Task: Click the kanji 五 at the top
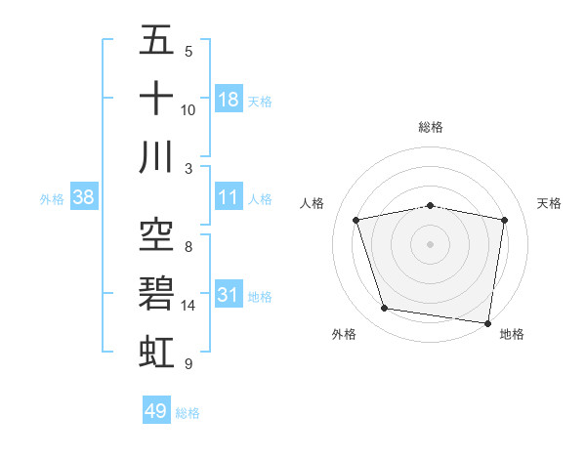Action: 157,42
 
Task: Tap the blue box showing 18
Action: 228,100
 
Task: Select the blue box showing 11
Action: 228,197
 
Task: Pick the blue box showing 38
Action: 84,197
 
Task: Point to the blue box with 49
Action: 156,411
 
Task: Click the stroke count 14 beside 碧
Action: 188,306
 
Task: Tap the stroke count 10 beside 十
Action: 188,110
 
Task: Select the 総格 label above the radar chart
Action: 431,127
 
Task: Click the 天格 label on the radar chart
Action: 550,203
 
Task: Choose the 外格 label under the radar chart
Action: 344,334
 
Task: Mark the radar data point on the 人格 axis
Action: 356,220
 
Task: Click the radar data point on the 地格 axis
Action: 487,322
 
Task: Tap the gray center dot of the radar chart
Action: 431,243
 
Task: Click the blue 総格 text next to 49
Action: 188,413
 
